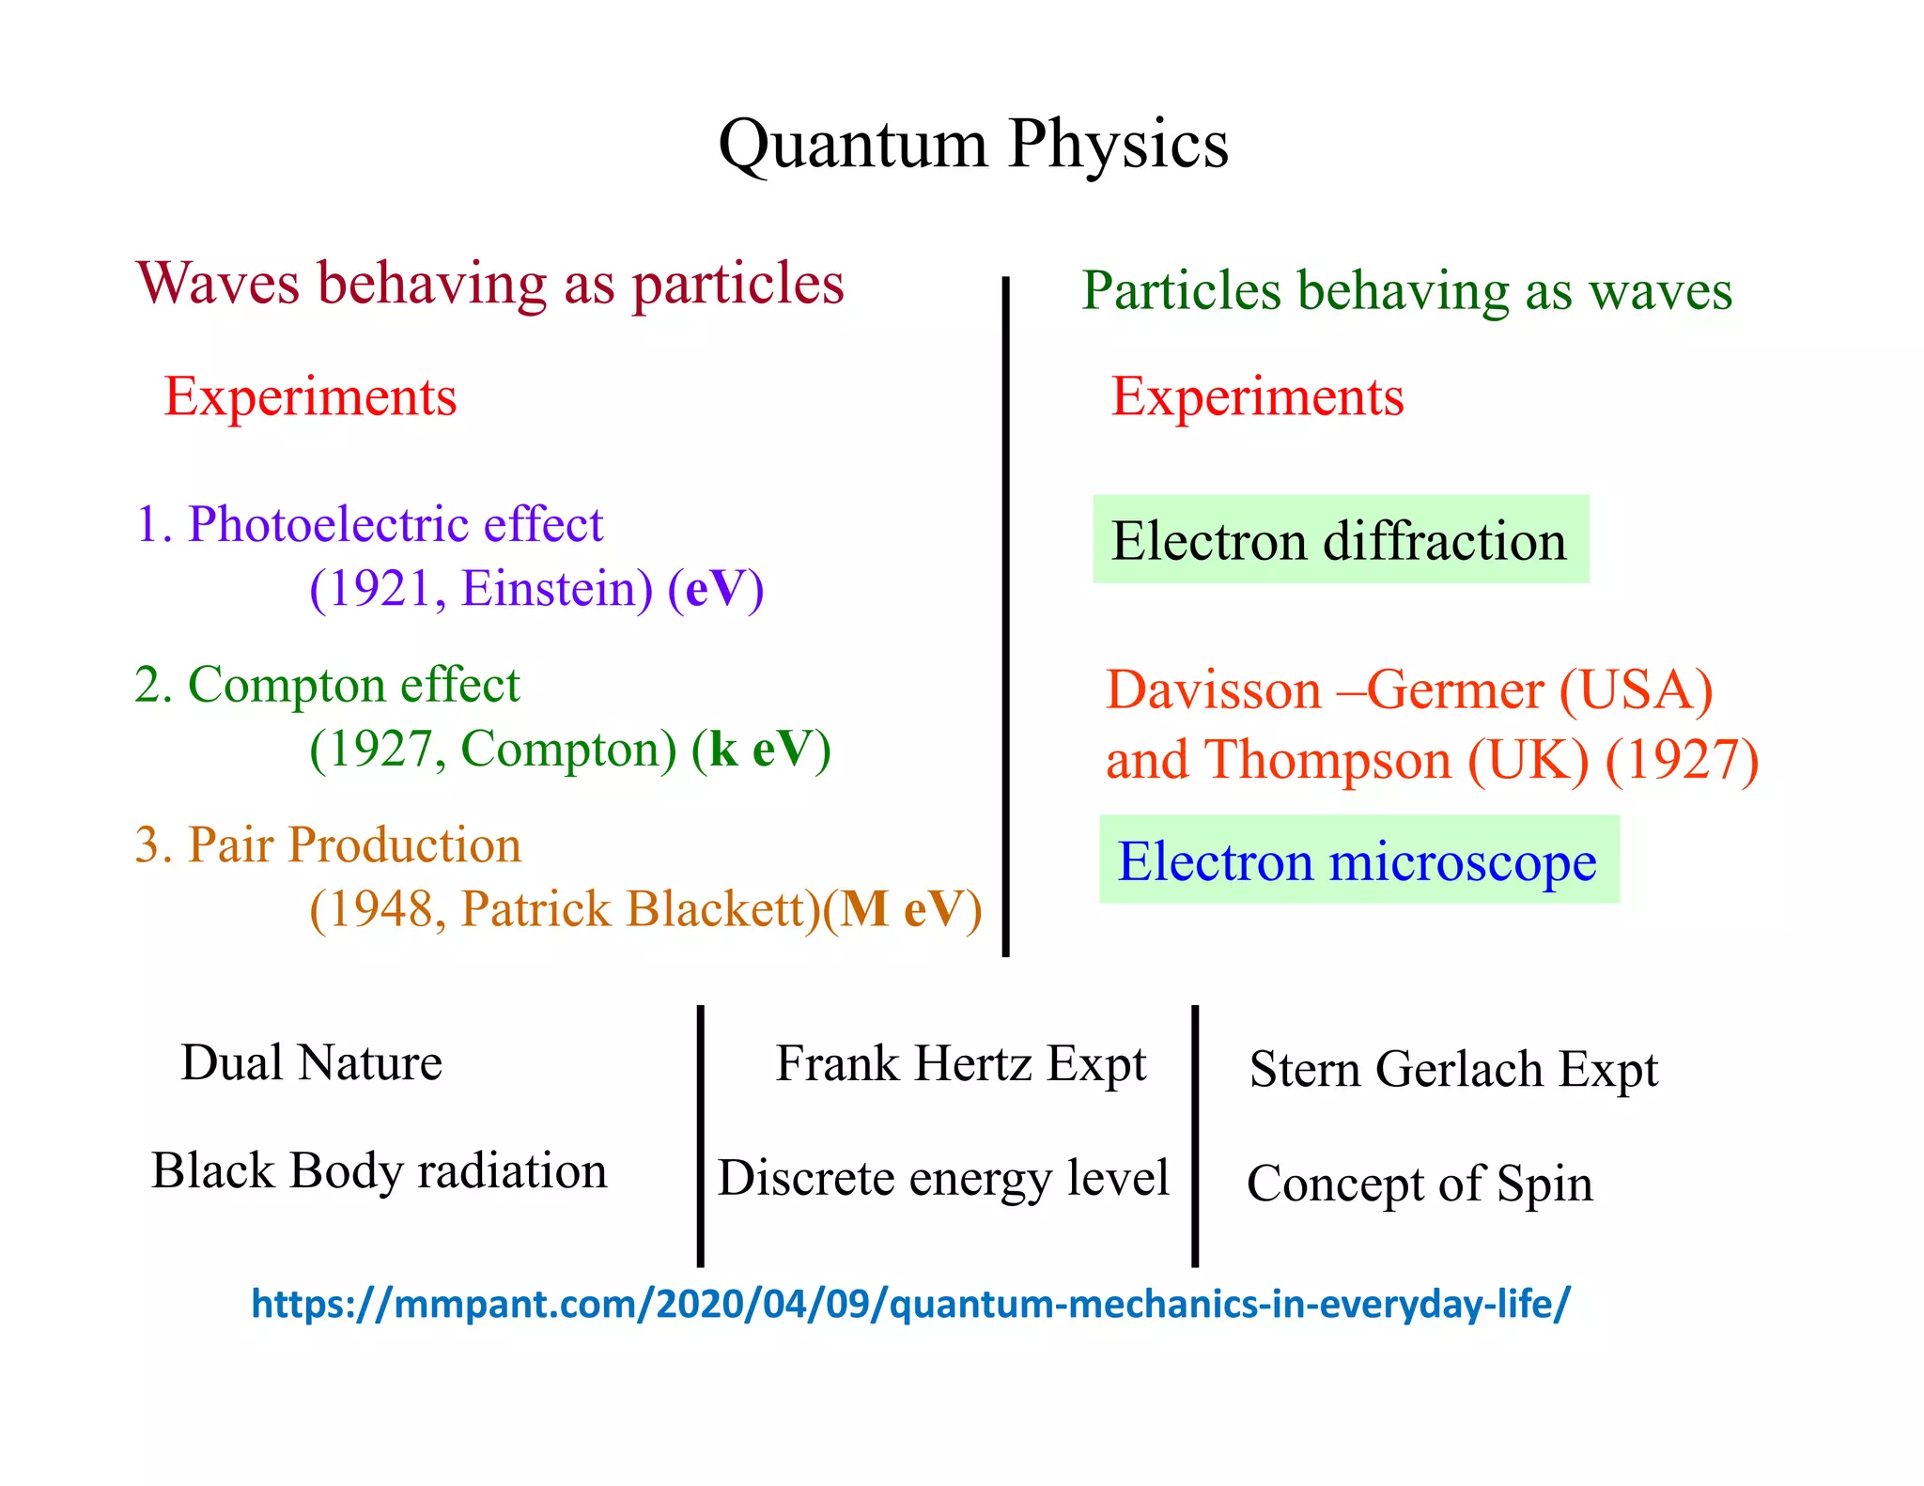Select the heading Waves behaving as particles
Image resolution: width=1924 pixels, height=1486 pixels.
489,284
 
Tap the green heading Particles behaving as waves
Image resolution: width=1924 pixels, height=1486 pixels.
1406,290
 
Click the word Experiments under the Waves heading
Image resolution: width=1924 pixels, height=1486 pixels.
310,396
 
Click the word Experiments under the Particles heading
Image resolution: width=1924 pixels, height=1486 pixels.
1257,396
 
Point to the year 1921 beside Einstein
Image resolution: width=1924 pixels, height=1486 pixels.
380,589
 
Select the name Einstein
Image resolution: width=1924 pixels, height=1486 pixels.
556,589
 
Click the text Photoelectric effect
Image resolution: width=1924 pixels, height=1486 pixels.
395,523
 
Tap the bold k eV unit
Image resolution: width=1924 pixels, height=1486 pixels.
759,749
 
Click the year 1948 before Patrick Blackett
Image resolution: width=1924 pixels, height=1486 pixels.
380,909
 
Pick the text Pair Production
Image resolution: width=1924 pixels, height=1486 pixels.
354,844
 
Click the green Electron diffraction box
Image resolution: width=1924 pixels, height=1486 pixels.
1340,540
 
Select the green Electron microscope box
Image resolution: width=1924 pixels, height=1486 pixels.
1358,860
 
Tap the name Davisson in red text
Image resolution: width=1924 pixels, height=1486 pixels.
1213,690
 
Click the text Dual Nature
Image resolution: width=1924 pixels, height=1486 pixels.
311,1062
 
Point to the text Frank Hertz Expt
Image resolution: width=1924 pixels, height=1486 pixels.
960,1064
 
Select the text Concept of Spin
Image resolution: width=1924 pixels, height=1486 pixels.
1419,1184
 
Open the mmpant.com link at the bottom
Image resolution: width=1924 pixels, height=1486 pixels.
909,1304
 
